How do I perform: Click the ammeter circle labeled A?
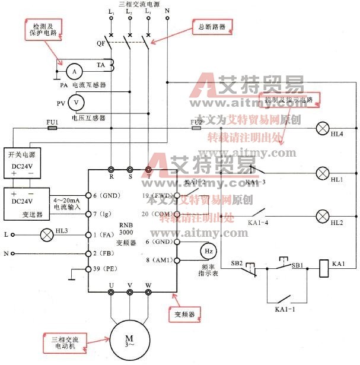(74, 71)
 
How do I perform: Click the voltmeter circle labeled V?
(76, 102)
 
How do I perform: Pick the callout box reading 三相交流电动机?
(61, 342)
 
